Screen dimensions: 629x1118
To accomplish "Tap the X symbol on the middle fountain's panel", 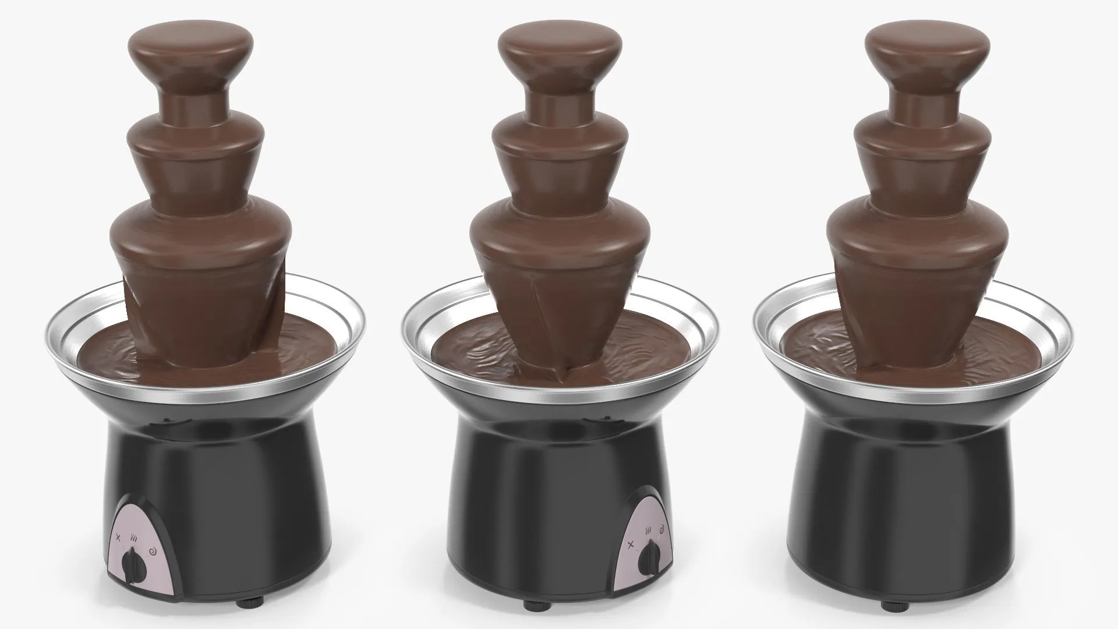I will (x=631, y=543).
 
